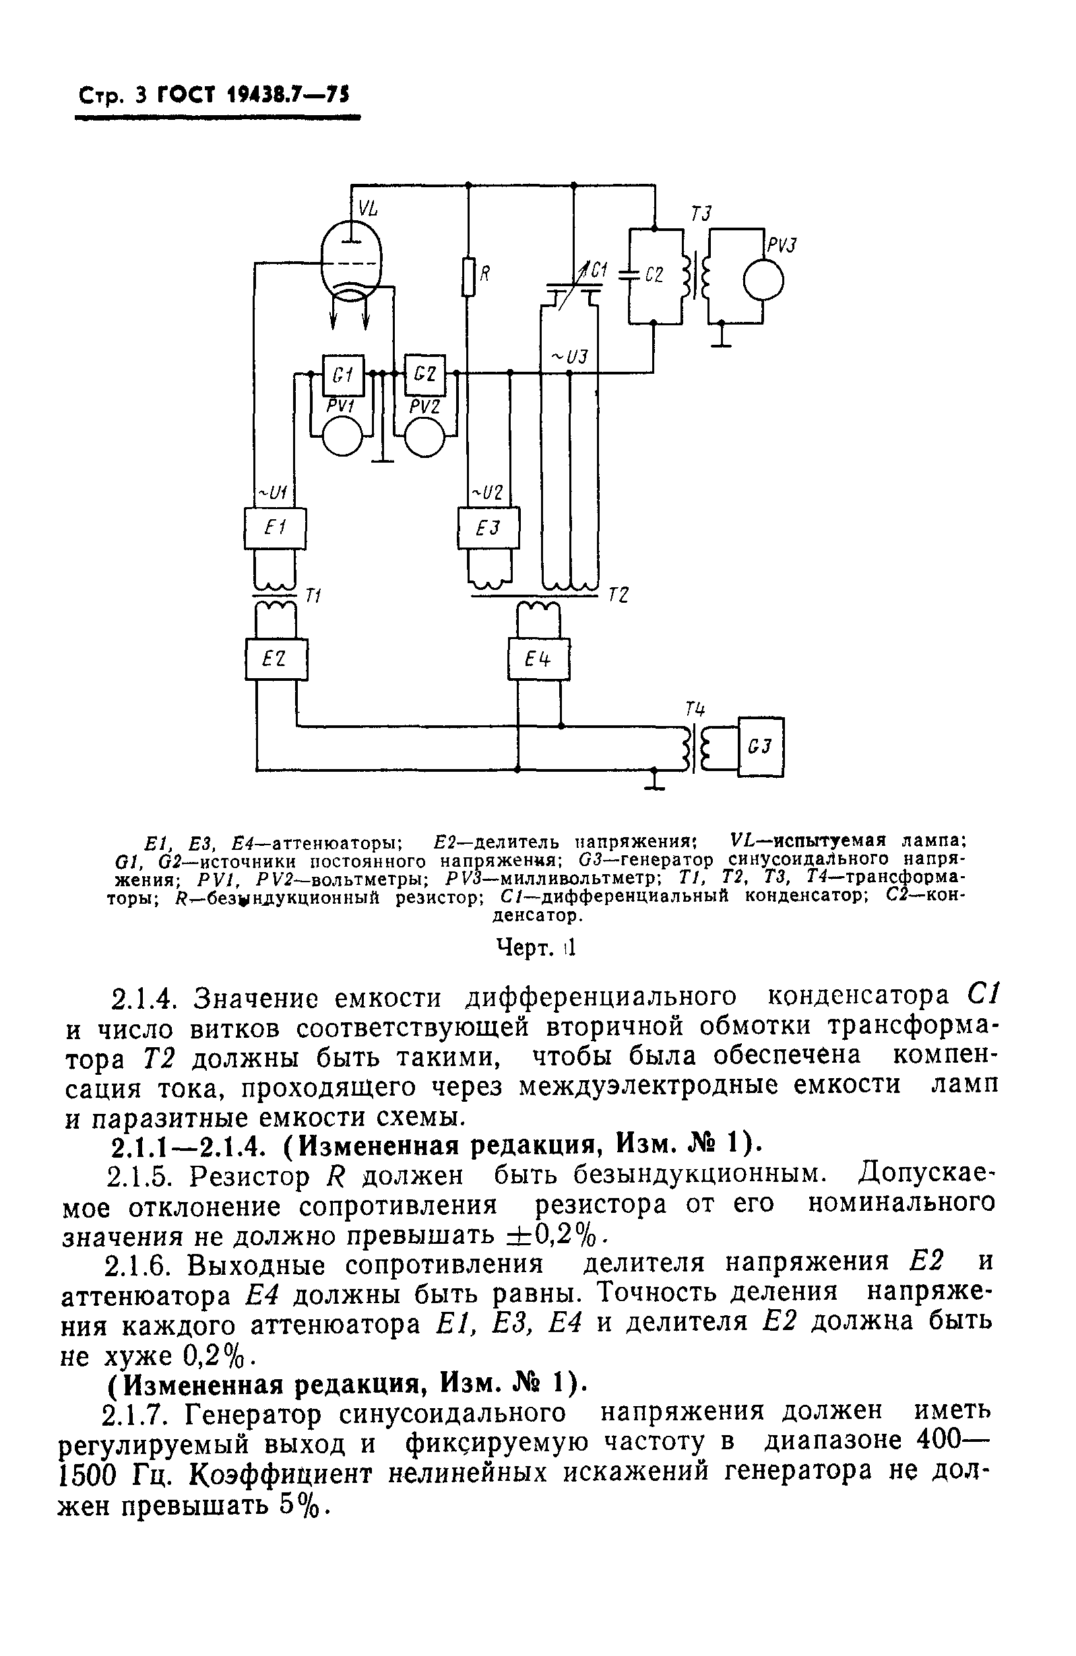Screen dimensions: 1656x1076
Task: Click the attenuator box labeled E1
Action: coord(276,529)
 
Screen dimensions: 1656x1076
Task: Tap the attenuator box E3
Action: coord(488,529)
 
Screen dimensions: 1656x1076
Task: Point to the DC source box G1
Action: coord(339,376)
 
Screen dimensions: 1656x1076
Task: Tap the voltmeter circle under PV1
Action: coord(342,436)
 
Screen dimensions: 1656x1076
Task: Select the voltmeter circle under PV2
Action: coord(424,436)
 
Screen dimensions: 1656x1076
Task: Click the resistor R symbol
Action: coord(469,276)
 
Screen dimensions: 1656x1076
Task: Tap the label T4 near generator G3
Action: coord(695,710)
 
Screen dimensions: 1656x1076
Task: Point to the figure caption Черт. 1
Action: coord(535,948)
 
